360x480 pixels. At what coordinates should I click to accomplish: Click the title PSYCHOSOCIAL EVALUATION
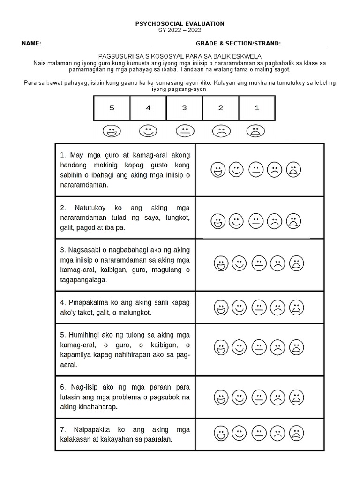[x=180, y=23]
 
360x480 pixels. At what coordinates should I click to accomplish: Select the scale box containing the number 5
[x=112, y=108]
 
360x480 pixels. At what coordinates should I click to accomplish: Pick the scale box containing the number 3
[x=184, y=108]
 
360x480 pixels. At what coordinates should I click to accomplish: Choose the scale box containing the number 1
[x=256, y=108]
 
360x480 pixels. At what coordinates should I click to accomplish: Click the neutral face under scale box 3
[x=184, y=131]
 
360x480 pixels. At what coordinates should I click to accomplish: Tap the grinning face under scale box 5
[x=112, y=131]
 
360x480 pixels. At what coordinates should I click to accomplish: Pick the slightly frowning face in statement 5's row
[x=277, y=348]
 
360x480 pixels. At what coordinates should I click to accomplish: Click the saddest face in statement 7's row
[x=296, y=433]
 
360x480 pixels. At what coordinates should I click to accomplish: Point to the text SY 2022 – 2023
[x=180, y=30]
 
